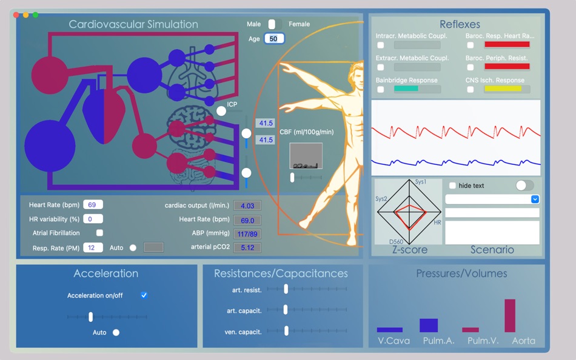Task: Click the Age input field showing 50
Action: [x=273, y=39]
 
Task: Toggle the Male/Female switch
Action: [x=273, y=24]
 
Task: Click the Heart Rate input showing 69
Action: [x=93, y=205]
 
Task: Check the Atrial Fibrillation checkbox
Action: [x=99, y=233]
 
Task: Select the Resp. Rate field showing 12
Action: [x=93, y=247]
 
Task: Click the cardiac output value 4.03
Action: [x=247, y=206]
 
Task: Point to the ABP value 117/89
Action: [x=247, y=234]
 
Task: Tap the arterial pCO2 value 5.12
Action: [x=247, y=247]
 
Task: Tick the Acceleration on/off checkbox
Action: [x=144, y=295]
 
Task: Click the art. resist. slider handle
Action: [x=286, y=290]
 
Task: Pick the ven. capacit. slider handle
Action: [x=285, y=331]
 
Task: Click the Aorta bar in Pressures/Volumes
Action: [x=510, y=315]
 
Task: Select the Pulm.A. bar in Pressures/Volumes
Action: [x=429, y=325]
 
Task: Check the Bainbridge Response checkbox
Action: [x=380, y=89]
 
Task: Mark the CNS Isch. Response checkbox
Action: [x=470, y=89]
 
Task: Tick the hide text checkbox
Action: [x=452, y=185]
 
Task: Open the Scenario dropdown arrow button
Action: [x=535, y=199]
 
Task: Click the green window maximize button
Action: [x=35, y=15]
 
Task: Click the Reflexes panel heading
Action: [x=460, y=24]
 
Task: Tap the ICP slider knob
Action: [x=221, y=111]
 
